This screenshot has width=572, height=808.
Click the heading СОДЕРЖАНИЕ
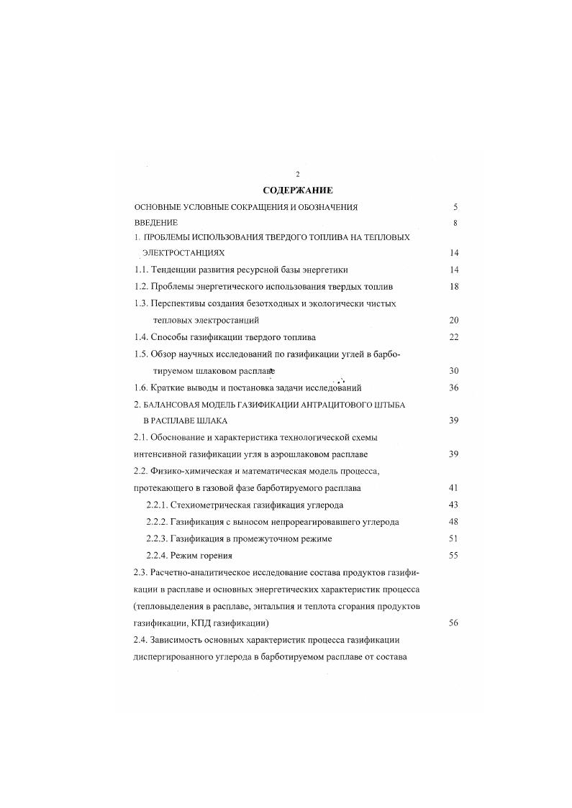point(297,190)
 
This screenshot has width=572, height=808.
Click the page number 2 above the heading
point(297,175)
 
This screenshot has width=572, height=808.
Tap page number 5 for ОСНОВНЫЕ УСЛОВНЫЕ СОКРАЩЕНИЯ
point(455,207)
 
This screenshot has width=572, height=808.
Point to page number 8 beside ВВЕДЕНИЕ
point(455,223)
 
